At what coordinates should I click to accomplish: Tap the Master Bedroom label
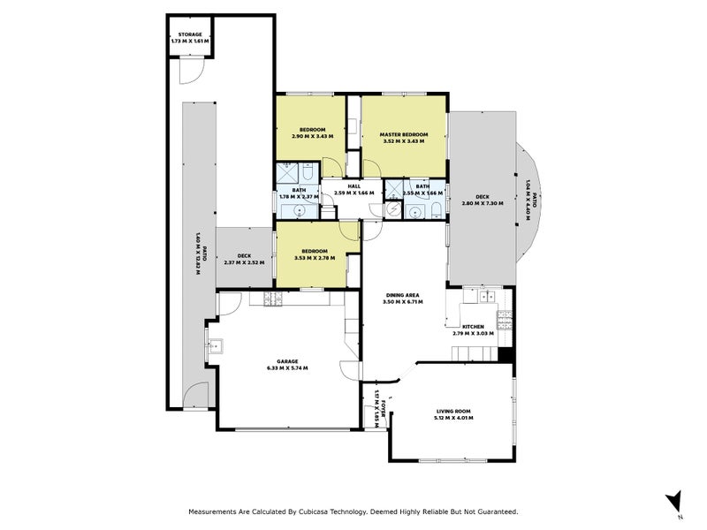(x=404, y=134)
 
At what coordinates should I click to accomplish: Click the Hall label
(x=353, y=186)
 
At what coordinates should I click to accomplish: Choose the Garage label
(x=286, y=360)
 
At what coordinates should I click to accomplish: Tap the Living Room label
(x=454, y=411)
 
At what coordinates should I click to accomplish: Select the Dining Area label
(x=401, y=295)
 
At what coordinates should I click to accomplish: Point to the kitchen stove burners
(x=505, y=316)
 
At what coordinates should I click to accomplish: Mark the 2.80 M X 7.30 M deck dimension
(x=482, y=203)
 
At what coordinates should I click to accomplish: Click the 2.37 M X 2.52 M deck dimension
(x=244, y=262)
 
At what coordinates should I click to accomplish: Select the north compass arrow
(x=674, y=501)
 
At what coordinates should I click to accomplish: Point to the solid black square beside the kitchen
(x=506, y=354)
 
